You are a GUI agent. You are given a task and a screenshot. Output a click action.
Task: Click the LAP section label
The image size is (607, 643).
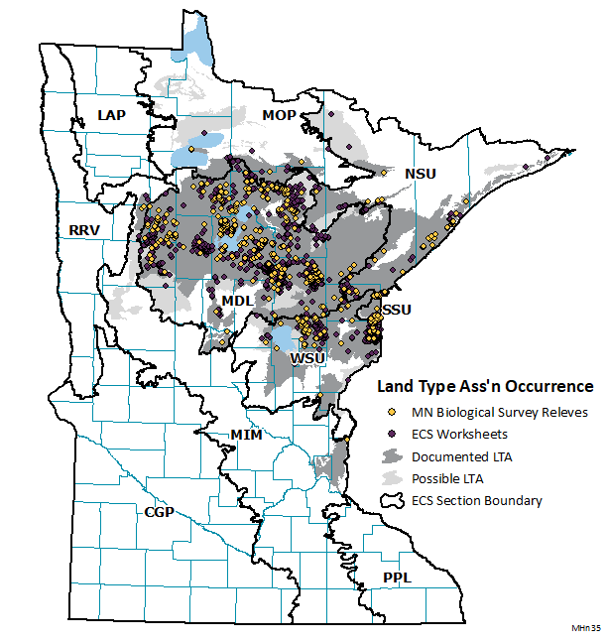(x=111, y=115)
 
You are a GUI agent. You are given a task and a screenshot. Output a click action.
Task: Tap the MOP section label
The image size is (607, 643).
(x=280, y=116)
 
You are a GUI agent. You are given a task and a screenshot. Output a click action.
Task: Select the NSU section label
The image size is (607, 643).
(x=420, y=174)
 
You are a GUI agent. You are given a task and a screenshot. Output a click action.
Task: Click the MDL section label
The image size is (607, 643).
(x=237, y=301)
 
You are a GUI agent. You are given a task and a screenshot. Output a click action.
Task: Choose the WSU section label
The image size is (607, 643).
(x=307, y=356)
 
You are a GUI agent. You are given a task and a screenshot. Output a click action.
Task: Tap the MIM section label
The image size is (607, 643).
(x=245, y=435)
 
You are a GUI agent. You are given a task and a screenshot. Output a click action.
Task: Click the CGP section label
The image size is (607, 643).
(x=160, y=512)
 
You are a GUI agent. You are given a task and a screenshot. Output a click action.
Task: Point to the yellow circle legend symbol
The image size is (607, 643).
(x=393, y=412)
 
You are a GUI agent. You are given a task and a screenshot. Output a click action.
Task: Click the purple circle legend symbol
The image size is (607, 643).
(x=393, y=434)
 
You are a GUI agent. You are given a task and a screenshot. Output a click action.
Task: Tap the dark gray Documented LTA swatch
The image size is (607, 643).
(x=393, y=456)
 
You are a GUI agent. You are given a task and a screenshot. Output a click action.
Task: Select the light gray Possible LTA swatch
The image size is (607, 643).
(x=393, y=478)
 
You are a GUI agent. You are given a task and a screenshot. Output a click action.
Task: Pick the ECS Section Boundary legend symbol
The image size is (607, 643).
(x=393, y=500)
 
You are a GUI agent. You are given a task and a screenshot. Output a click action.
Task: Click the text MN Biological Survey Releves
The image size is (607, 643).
(x=500, y=412)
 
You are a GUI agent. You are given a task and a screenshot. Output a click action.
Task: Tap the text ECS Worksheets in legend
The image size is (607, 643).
(x=460, y=434)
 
